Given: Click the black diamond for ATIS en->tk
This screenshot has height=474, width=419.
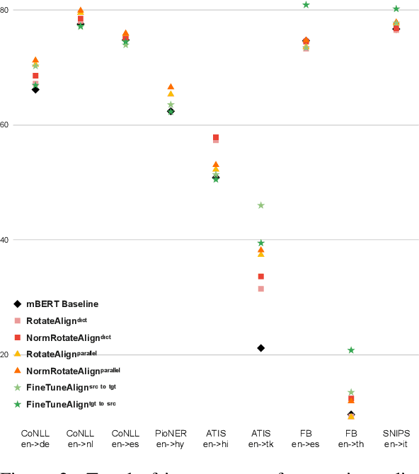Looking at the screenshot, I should tap(260, 348).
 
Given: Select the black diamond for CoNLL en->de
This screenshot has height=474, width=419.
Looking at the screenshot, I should tap(35, 89).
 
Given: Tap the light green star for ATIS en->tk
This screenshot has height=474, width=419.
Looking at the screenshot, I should tap(260, 205).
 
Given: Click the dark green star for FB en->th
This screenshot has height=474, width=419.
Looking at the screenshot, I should tap(351, 350).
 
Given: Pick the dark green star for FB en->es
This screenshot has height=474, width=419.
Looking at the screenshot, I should tap(306, 5).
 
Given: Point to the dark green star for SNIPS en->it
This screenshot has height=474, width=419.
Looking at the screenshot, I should tap(396, 9).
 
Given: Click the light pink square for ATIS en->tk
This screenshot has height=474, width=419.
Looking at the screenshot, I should tap(260, 289).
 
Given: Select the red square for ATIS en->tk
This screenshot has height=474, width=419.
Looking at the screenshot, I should tap(260, 277).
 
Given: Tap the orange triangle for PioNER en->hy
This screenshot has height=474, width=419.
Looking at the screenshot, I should tap(171, 86).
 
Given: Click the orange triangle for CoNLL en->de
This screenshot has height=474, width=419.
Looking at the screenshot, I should tap(35, 60).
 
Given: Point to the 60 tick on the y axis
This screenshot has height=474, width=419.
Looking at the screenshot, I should tap(6, 125).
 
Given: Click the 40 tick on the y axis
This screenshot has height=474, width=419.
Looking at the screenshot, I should tap(6, 240).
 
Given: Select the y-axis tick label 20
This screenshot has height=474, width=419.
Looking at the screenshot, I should tap(6, 354).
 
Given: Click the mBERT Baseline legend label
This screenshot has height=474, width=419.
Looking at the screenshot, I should tap(62, 304).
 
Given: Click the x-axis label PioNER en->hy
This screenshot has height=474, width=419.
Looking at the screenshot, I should tap(171, 439).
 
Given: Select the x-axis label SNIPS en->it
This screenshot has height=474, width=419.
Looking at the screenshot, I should tap(396, 439).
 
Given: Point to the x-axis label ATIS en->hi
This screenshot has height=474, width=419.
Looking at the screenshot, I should tap(216, 439).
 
